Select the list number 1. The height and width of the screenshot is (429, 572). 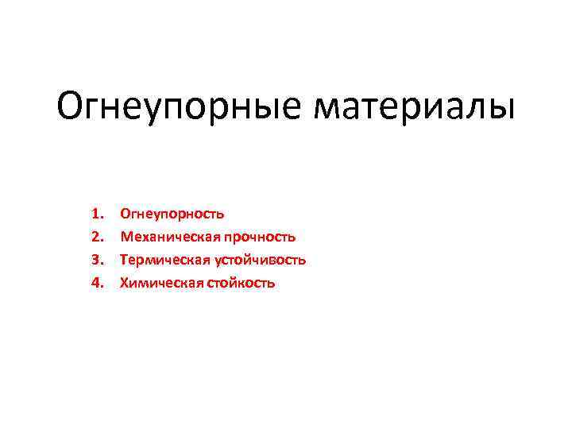tap(98, 214)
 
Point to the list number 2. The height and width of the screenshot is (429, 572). tap(98, 237)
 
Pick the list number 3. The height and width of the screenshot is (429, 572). tap(98, 260)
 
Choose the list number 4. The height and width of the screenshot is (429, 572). tap(98, 283)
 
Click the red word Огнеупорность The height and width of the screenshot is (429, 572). tap(172, 214)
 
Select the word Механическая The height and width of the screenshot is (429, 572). tap(169, 237)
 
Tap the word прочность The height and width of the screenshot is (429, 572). tap(260, 237)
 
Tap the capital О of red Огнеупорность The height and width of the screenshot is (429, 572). tap(125, 214)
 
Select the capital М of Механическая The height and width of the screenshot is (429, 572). tap(126, 237)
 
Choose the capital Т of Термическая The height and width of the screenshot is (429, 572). tap(123, 260)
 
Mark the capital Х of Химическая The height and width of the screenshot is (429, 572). tap(123, 283)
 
